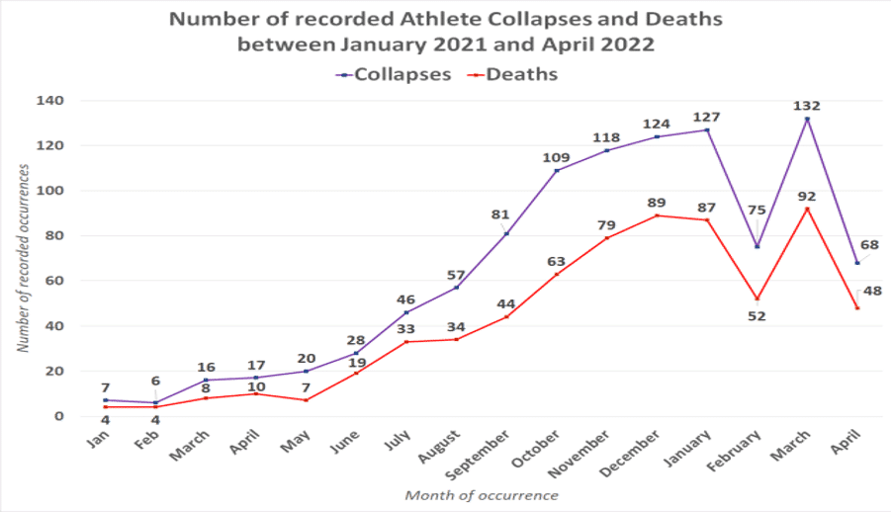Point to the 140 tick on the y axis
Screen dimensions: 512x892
click(x=50, y=101)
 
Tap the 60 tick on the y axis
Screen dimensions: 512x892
click(x=54, y=281)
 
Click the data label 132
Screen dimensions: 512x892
click(x=807, y=106)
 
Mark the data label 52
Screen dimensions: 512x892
click(x=758, y=316)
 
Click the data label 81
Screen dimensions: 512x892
click(x=499, y=214)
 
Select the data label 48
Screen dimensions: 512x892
click(x=873, y=291)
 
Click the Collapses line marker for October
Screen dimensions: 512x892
click(x=557, y=171)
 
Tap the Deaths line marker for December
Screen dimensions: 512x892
click(x=657, y=215)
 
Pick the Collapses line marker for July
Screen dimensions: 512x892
click(x=406, y=312)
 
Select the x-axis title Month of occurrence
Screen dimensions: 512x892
click(x=482, y=495)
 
